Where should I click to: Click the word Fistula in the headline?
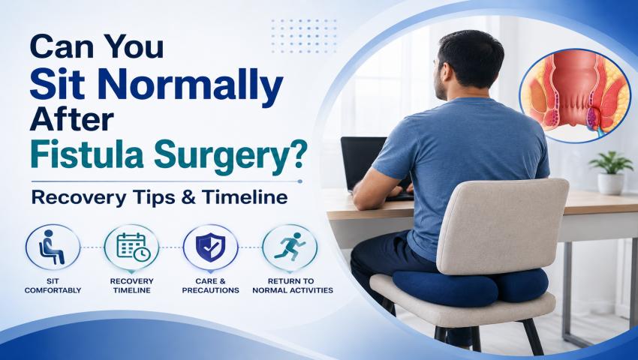(x=87, y=155)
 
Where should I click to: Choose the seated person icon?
(x=53, y=247)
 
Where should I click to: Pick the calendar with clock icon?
(x=133, y=247)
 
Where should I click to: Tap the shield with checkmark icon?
(x=210, y=247)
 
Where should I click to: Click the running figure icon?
(x=290, y=247)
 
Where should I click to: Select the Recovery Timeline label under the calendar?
(x=132, y=286)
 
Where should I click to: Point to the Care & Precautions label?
(x=210, y=286)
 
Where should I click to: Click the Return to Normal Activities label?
(x=293, y=286)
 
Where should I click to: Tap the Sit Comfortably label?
(x=53, y=286)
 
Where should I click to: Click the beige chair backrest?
(x=501, y=225)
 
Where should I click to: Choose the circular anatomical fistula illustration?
(x=575, y=96)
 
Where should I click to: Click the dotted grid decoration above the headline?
(x=304, y=35)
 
